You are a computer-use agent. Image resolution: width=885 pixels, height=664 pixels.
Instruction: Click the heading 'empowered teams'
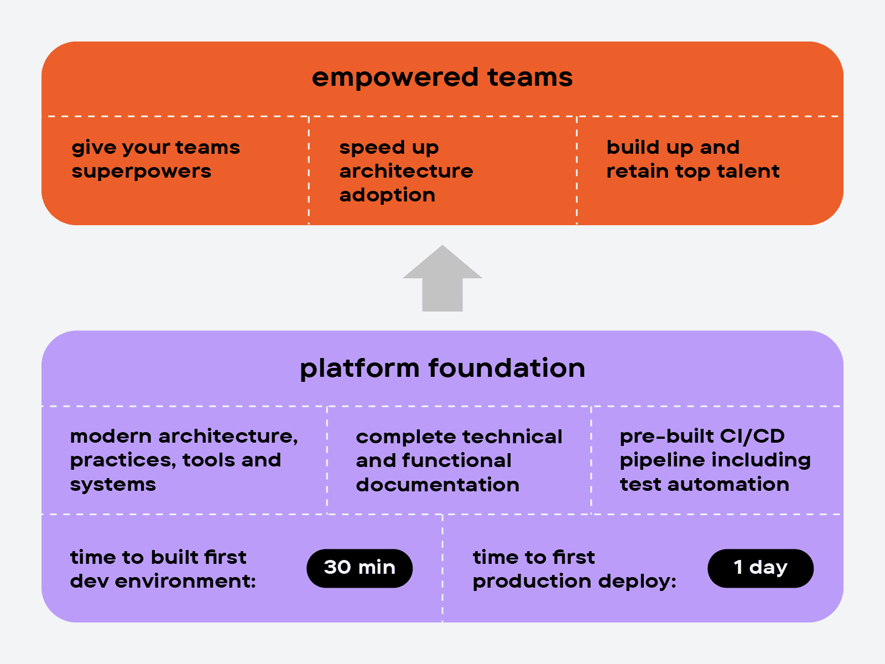442,78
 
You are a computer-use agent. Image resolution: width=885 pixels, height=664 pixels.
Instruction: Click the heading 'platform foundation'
442,369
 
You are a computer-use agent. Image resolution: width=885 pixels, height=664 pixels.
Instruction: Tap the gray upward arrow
442,278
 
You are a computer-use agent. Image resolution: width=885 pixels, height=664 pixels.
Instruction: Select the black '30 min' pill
360,568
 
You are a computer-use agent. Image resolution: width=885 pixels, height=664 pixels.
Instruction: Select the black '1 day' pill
761,568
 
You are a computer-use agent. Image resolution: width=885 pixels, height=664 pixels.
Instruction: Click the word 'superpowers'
142,172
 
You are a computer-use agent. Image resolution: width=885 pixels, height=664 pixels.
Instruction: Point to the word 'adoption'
388,195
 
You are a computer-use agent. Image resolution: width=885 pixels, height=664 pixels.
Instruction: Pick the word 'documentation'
438,485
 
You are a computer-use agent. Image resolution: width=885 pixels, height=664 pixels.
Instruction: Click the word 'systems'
113,485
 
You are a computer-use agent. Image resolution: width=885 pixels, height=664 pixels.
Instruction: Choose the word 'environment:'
185,582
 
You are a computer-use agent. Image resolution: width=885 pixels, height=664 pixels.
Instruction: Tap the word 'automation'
728,484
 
